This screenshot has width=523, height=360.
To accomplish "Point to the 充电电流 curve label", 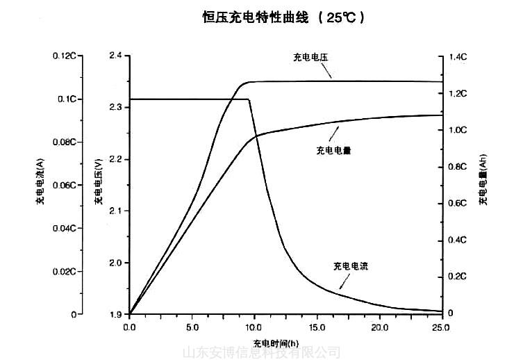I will tap(351, 265).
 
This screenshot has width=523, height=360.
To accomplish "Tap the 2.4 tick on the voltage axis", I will tap(115, 56).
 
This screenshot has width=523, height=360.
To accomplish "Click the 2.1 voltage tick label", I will tap(115, 211).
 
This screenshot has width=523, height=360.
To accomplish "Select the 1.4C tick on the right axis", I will tap(458, 57).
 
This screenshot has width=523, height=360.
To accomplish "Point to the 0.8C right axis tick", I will tap(458, 167).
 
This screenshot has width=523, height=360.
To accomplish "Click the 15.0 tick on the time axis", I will tap(317, 325).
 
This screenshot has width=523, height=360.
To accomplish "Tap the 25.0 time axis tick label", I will tap(442, 325).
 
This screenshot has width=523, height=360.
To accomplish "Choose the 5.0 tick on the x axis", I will tap(192, 325).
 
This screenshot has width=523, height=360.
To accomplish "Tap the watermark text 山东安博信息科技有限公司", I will tap(261, 353).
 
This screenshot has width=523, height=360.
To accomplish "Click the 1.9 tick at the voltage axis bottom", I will tap(115, 314).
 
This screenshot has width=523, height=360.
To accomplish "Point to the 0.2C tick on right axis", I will tap(458, 277).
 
